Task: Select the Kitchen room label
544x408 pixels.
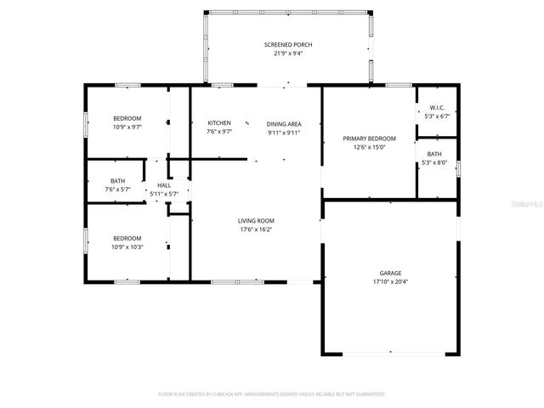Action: point(219,122)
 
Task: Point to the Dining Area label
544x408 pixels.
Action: point(284,122)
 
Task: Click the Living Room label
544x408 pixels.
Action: point(255,220)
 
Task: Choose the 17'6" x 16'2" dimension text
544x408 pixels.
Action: point(255,229)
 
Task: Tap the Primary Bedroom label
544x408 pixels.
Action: point(369,138)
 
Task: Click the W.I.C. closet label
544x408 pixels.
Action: point(437,107)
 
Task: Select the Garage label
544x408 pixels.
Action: point(391,273)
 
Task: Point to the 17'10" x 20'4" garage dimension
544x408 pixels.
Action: point(391,282)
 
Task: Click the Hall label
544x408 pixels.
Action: point(163,184)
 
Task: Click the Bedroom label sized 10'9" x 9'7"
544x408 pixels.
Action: point(127,118)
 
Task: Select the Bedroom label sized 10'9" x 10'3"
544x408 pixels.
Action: point(127,238)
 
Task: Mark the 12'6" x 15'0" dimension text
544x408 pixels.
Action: point(369,147)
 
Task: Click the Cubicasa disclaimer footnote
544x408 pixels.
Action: point(272,394)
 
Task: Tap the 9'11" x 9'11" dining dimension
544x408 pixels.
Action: point(284,132)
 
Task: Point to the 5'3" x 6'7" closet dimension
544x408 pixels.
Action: point(437,116)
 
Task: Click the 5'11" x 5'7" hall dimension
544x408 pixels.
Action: point(163,194)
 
